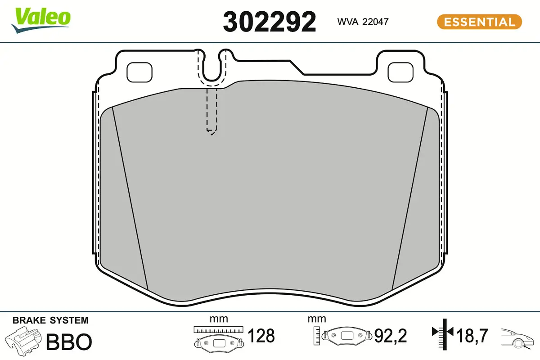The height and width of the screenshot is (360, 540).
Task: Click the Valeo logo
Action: (41, 19)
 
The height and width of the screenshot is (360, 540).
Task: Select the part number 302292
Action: (270, 22)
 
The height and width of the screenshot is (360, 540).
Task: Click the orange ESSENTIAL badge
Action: (479, 22)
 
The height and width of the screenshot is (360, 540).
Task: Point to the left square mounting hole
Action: (139, 71)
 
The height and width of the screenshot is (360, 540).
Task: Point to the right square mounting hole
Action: (400, 71)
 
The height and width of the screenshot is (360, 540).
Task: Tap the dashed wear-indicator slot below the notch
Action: (212, 110)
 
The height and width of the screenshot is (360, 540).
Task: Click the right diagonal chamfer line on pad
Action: (409, 198)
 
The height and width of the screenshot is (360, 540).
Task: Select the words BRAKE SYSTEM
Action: (50, 320)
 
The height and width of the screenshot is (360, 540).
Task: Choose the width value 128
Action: (261, 336)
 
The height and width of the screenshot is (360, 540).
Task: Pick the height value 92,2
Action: (391, 336)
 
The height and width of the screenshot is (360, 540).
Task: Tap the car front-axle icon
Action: (517, 337)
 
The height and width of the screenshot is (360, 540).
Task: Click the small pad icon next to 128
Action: (218, 342)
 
